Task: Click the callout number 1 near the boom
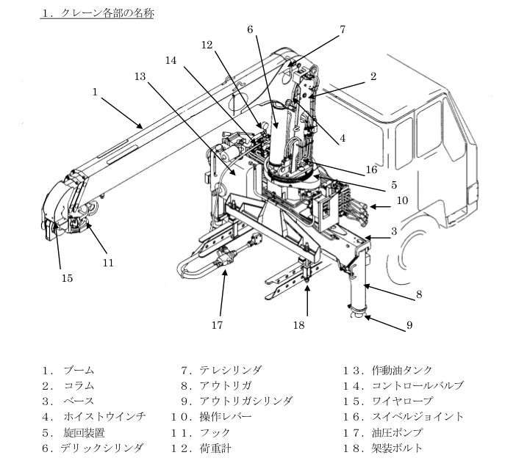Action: (x=95, y=92)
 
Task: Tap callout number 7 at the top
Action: (x=342, y=29)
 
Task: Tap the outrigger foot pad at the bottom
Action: (x=358, y=315)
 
